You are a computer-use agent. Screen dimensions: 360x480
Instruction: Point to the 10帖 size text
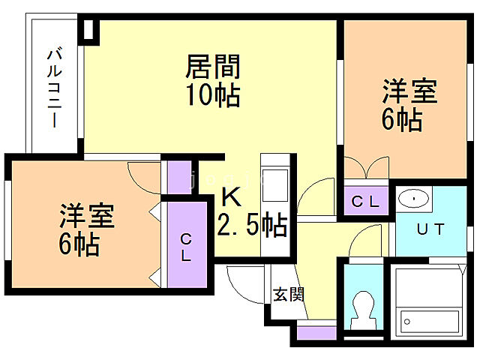[x=213, y=96]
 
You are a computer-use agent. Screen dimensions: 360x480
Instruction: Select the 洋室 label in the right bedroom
[x=409, y=94]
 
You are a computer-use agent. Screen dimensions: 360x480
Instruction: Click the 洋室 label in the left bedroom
[x=87, y=217]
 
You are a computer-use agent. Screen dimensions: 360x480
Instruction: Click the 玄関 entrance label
[x=288, y=295]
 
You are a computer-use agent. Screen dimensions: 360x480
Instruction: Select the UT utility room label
[x=430, y=229]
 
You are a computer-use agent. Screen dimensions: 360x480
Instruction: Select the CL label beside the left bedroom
[x=185, y=246]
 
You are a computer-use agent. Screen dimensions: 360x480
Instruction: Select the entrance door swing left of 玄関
[x=244, y=284]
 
